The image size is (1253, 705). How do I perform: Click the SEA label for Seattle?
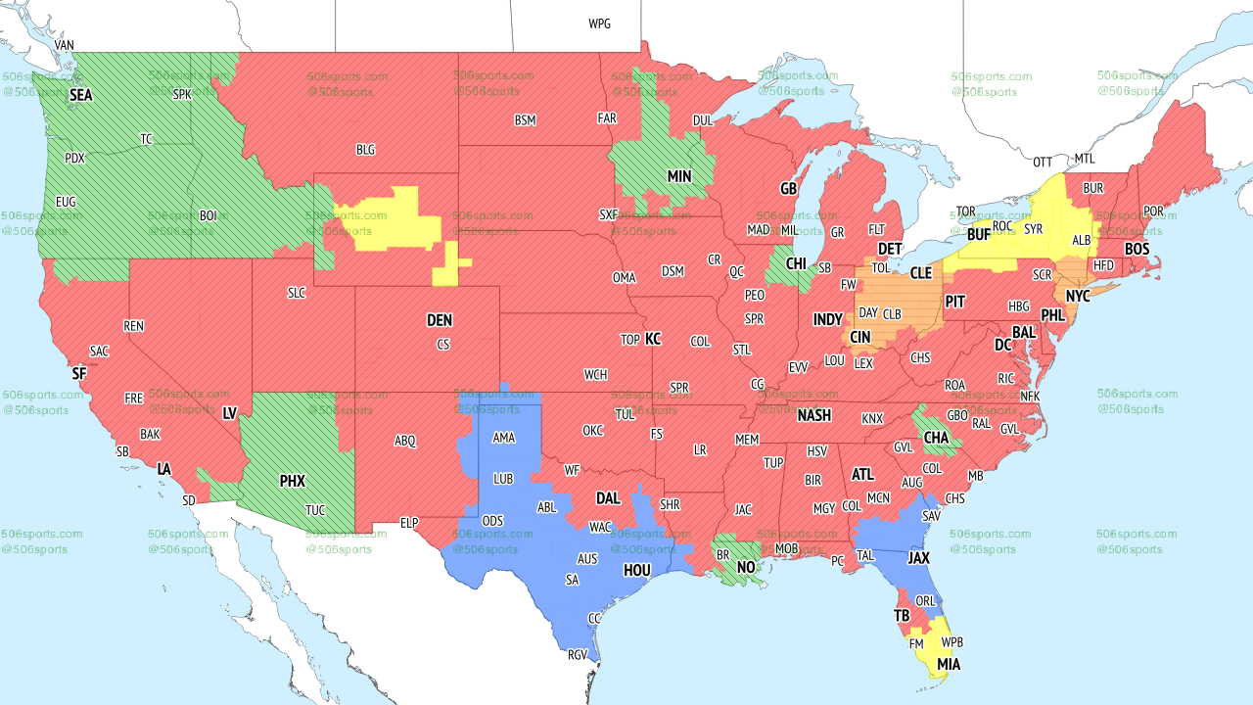(x=80, y=96)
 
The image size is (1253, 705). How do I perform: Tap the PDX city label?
(x=74, y=158)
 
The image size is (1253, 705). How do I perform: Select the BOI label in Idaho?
(x=209, y=215)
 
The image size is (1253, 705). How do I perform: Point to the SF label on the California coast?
(x=79, y=373)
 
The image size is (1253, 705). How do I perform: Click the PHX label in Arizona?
(x=292, y=481)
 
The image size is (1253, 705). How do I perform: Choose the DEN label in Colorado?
(x=440, y=320)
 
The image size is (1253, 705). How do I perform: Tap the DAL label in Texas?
(x=608, y=498)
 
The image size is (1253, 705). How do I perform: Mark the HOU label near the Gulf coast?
(x=636, y=570)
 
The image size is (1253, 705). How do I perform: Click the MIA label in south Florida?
(x=948, y=665)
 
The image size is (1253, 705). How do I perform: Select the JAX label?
(x=917, y=557)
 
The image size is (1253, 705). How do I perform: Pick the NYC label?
(x=1078, y=296)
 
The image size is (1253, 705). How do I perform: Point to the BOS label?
(x=1137, y=250)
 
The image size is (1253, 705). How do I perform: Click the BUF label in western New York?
(x=979, y=235)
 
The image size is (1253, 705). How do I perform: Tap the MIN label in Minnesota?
(x=679, y=177)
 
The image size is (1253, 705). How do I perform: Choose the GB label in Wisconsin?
(x=788, y=188)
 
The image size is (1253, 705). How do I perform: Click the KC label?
(x=652, y=339)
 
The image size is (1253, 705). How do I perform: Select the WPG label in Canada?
(x=599, y=23)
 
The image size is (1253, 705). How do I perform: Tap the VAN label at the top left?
(x=65, y=45)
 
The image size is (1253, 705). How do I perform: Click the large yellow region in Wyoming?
(x=387, y=217)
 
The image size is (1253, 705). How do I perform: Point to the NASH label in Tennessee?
(x=813, y=415)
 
